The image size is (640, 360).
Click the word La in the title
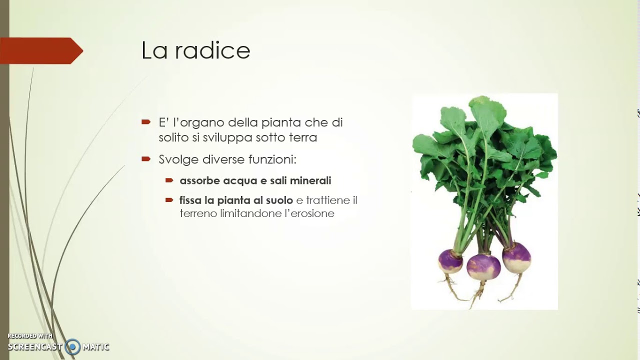click(154, 50)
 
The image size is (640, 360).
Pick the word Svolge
click(178, 159)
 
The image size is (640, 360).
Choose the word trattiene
click(328, 200)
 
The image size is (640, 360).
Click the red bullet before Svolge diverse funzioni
click(146, 159)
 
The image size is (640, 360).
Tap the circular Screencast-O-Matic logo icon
click(73, 346)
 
